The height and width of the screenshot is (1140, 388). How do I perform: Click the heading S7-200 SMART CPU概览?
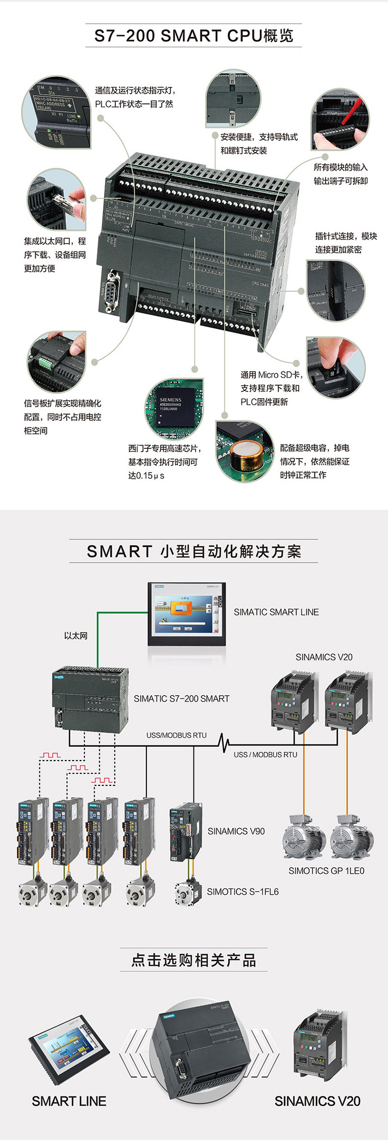pyautogui.click(x=193, y=36)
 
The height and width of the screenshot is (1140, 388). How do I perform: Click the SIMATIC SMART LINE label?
pyautogui.click(x=276, y=612)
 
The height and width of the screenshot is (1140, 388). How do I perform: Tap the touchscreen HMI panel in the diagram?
pyautogui.click(x=187, y=613)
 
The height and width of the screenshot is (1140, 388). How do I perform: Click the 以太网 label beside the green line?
pyautogui.click(x=76, y=636)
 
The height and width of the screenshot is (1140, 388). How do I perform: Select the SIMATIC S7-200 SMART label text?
pyautogui.click(x=182, y=698)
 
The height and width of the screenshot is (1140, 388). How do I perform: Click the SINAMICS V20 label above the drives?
pyautogui.click(x=324, y=657)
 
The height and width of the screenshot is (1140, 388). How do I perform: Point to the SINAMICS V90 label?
pyautogui.click(x=236, y=831)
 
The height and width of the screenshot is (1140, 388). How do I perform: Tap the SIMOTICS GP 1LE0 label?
pyautogui.click(x=326, y=871)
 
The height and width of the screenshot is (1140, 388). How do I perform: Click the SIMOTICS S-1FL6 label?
pyautogui.click(x=243, y=891)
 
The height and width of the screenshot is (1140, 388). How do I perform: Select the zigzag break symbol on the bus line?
pyautogui.click(x=225, y=743)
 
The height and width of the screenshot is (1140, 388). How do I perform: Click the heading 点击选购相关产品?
pyautogui.click(x=193, y=960)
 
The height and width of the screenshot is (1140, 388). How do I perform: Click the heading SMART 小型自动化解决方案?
pyautogui.click(x=193, y=551)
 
